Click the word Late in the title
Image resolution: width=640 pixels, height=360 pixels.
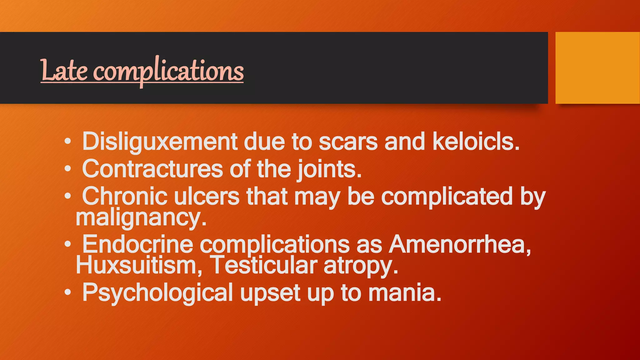tap(64, 71)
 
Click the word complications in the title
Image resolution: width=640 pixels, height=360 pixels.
tap(169, 71)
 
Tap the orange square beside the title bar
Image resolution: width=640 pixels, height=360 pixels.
tap(597, 67)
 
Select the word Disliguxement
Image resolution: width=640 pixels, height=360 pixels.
tap(160, 142)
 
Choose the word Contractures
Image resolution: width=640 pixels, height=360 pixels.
tap(152, 169)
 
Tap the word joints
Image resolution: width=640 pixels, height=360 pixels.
tap(329, 169)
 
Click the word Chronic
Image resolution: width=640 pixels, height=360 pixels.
tap(125, 196)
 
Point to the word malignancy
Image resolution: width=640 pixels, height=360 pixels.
tap(141, 218)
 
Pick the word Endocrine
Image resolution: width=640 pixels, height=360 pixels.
tap(137, 244)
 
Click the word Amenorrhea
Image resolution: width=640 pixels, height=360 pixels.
tap(459, 244)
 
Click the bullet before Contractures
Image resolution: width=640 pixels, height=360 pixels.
tap(68, 169)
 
